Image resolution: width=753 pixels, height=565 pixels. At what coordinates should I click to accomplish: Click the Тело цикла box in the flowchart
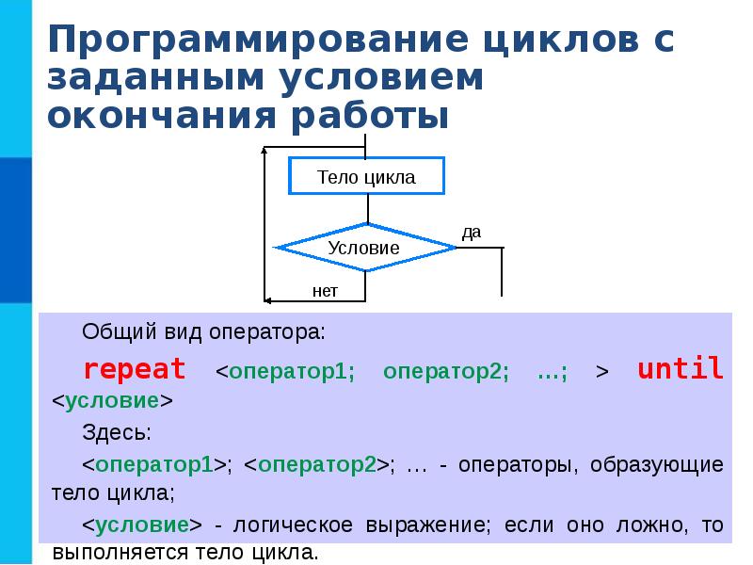[366, 176]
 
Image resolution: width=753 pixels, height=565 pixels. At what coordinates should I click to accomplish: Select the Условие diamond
[364, 248]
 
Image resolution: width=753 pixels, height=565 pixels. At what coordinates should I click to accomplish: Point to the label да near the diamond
[472, 232]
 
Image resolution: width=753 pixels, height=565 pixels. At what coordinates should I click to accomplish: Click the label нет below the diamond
[325, 291]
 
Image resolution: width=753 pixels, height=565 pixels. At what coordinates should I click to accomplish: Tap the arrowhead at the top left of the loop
[267, 149]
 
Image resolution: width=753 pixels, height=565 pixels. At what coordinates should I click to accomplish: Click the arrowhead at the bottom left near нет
[267, 300]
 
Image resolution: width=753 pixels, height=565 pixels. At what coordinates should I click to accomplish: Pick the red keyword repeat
[135, 368]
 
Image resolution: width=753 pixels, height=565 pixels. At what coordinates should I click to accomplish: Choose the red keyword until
[681, 368]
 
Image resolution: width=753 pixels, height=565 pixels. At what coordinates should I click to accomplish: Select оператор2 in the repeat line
[445, 371]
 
